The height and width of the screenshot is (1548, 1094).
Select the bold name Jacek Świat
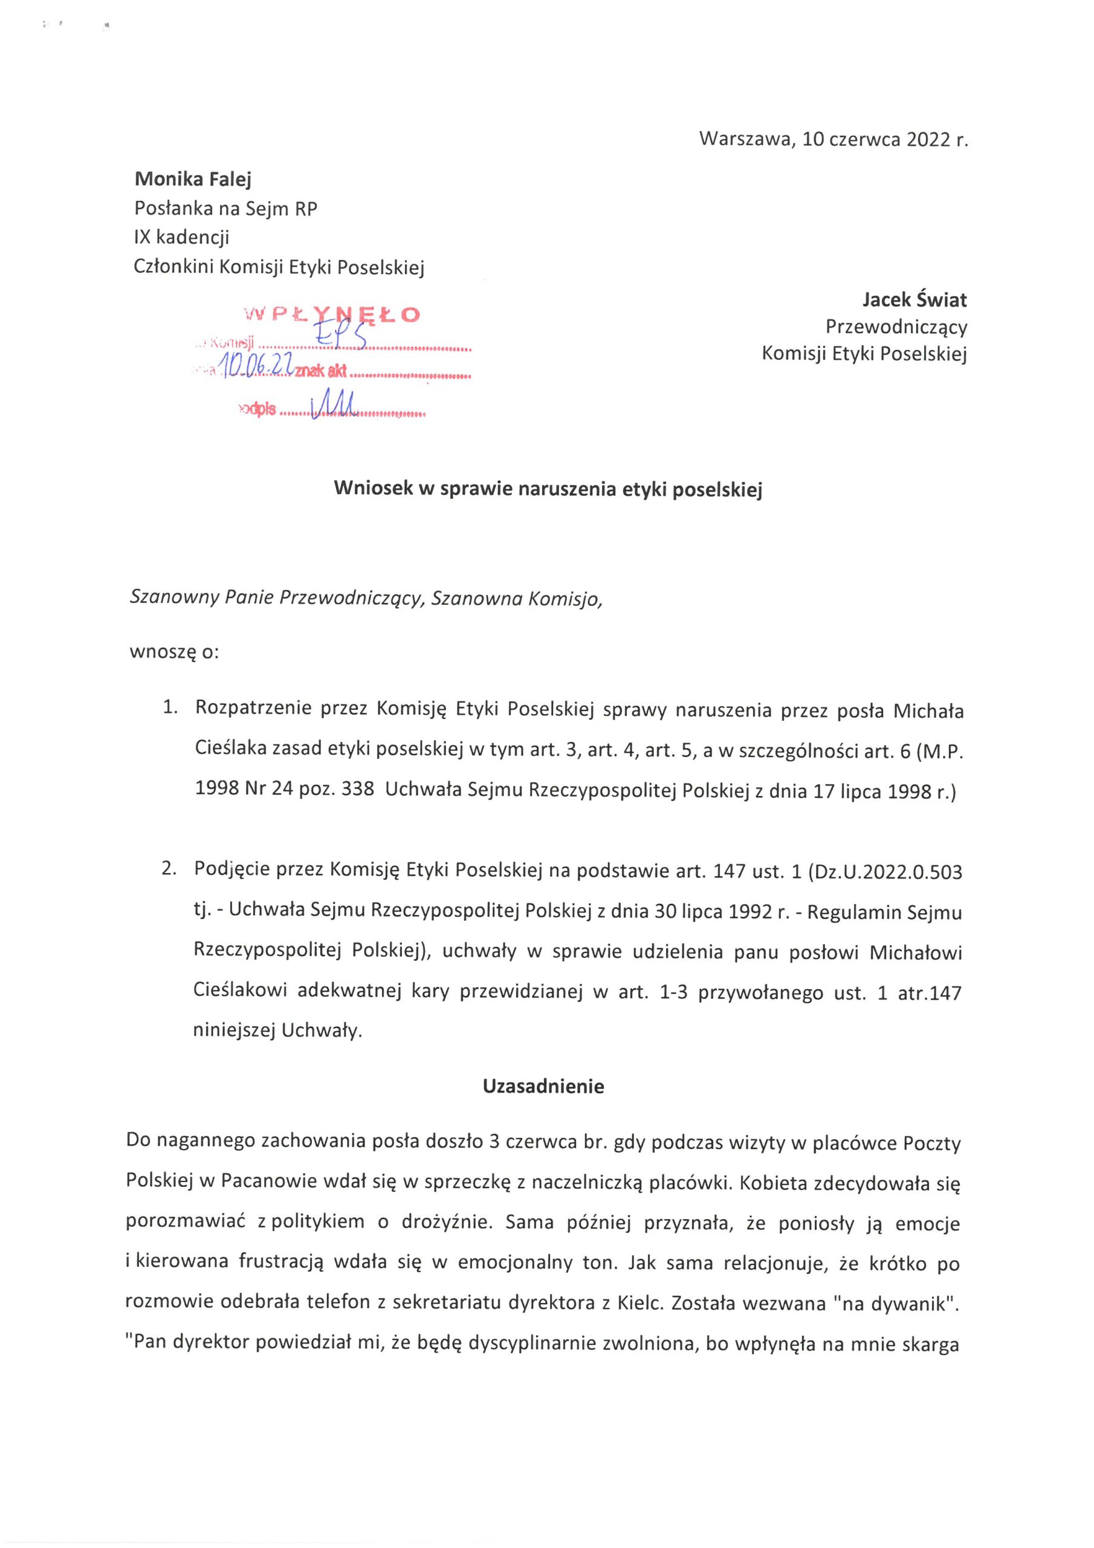coord(914,299)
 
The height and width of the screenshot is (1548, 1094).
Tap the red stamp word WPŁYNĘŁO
coord(332,314)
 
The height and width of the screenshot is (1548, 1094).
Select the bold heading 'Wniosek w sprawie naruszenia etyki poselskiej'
coord(548,489)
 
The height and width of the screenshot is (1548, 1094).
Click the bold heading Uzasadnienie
coord(543,1086)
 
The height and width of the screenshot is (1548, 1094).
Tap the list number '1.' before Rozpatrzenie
coord(169,708)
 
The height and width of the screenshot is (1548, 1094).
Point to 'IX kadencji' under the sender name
coord(182,237)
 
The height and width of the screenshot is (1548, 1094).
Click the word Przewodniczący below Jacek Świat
coord(896,327)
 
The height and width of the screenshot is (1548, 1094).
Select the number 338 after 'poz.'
coord(357,789)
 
